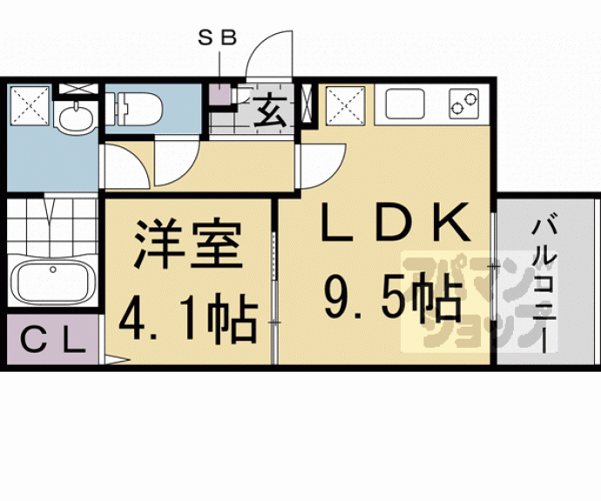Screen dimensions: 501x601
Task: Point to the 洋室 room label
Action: (186, 247)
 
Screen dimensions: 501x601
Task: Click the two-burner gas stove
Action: (465, 105)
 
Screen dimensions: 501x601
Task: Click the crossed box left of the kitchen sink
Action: (346, 109)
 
